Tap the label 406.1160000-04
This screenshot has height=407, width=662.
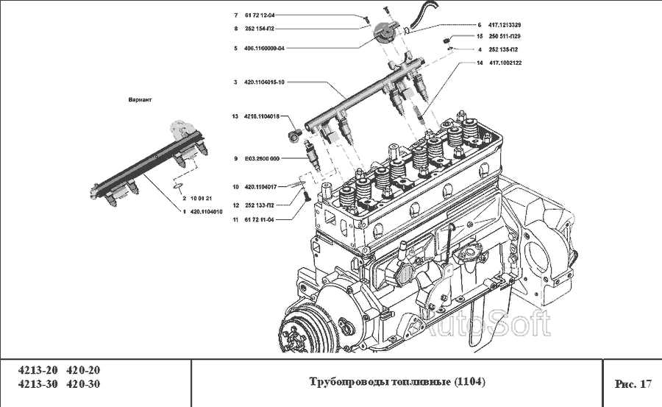[x=264, y=48]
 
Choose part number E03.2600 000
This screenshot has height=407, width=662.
[x=262, y=158]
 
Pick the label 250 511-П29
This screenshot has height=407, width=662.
[x=505, y=36]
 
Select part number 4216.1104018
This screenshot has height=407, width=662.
[x=261, y=116]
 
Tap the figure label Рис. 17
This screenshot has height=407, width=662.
[x=633, y=383]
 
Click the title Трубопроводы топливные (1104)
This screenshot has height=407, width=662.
[x=397, y=383]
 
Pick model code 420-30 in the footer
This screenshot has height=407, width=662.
[x=83, y=384]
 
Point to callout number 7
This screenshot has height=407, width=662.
[x=236, y=15]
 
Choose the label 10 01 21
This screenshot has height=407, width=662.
[x=201, y=199]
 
